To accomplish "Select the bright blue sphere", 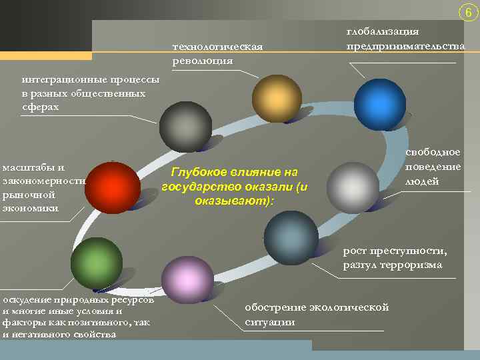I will [379, 104].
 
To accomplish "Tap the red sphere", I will [113, 187].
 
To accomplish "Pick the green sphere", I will [97, 263].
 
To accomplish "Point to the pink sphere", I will [187, 282].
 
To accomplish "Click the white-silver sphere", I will [353, 187].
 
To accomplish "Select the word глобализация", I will [382, 31].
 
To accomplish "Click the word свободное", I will [433, 153].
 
